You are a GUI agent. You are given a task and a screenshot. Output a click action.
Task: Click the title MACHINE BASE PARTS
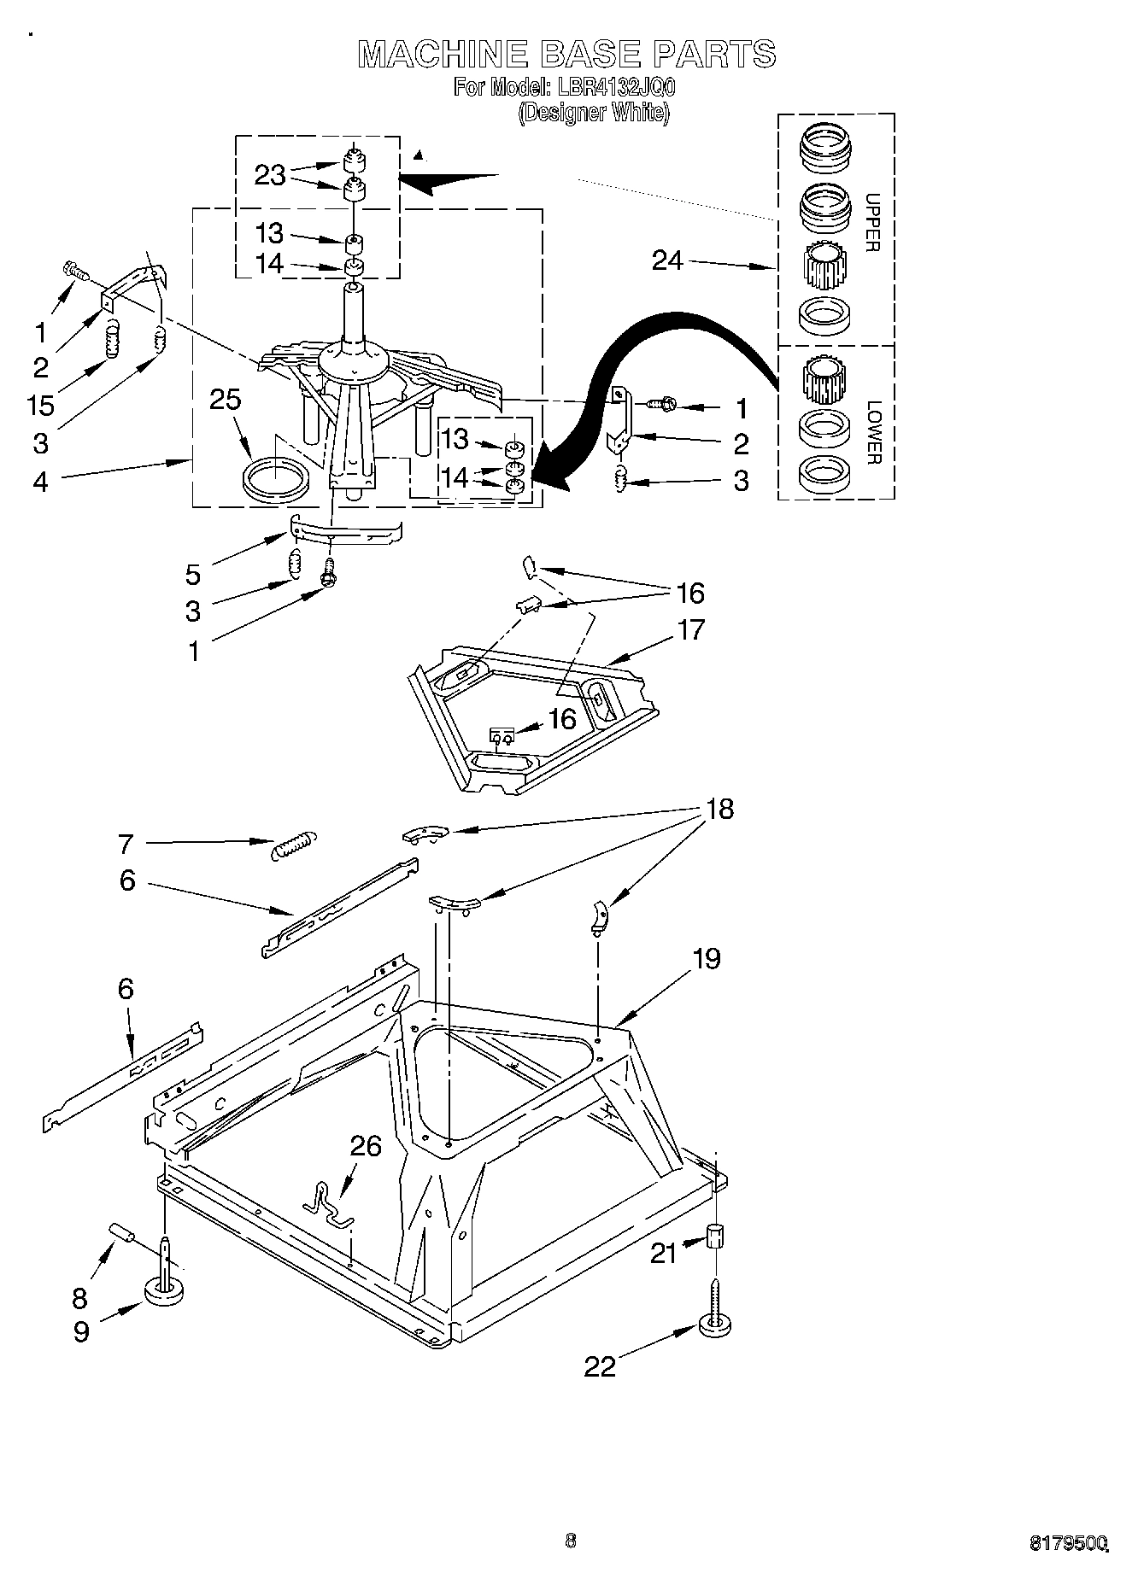pyautogui.click(x=566, y=54)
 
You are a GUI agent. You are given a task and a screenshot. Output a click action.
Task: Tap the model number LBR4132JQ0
pyautogui.click(x=613, y=87)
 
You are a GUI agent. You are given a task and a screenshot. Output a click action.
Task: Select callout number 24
pyautogui.click(x=667, y=260)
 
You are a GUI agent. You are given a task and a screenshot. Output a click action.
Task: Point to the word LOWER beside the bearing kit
pyautogui.click(x=872, y=433)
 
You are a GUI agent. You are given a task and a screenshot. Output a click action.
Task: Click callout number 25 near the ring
pyautogui.click(x=226, y=400)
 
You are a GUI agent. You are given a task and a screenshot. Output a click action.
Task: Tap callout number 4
pyautogui.click(x=41, y=482)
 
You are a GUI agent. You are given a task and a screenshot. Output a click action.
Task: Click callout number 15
pyautogui.click(x=40, y=405)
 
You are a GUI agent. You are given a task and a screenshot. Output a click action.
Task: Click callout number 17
pyautogui.click(x=690, y=629)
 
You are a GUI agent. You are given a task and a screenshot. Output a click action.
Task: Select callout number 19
pyautogui.click(x=706, y=958)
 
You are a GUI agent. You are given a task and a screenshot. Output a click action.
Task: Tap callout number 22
pyautogui.click(x=600, y=1366)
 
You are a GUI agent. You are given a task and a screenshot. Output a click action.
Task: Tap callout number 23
pyautogui.click(x=269, y=175)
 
